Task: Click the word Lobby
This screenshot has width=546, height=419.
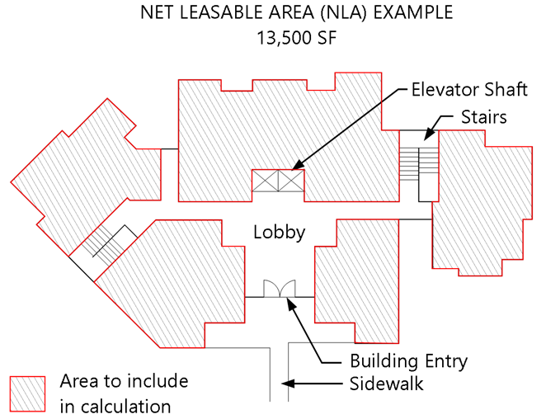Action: point(280,233)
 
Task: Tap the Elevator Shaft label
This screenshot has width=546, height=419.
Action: point(469,90)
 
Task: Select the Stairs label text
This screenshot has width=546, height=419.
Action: point(483,117)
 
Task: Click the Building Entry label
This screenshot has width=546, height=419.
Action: point(408,361)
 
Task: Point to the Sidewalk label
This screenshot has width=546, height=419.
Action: point(387,384)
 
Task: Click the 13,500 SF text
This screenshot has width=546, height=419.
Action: point(297,38)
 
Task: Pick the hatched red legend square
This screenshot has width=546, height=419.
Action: point(27,394)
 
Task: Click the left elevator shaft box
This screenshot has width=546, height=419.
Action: point(265,181)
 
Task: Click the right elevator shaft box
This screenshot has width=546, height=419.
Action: point(291,181)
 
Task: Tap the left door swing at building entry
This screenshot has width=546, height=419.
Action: point(271,288)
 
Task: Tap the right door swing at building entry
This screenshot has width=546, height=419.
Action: point(287,288)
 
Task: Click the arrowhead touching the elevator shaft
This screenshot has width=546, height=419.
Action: point(298,166)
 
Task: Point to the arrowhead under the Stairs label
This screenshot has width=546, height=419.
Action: point(429,134)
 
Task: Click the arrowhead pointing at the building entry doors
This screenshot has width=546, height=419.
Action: point(291,303)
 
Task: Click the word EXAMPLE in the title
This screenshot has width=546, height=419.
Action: point(413,12)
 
